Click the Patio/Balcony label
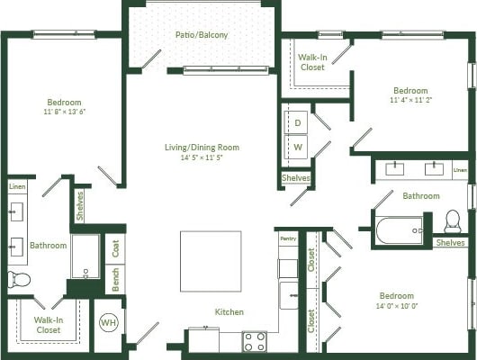tap(202, 35)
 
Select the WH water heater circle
tap(108, 322)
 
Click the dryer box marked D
tap(297, 121)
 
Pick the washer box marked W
tap(297, 145)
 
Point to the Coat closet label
tap(116, 248)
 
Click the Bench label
tap(116, 279)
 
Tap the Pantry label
tap(288, 238)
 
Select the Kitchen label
tap(229, 312)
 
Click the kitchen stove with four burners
tap(255, 341)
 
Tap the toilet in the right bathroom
tap(453, 221)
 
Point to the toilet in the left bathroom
tap(19, 279)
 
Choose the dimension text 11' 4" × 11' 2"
tap(410, 101)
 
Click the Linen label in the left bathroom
tap(17, 186)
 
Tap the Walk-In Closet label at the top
tap(312, 62)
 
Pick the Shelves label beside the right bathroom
tap(450, 242)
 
